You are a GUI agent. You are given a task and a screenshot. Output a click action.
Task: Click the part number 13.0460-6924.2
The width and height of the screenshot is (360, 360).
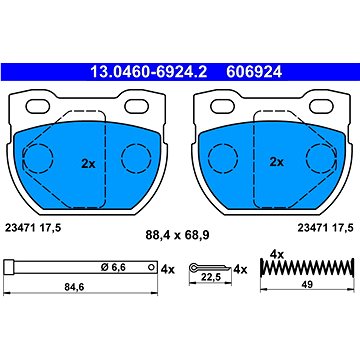click(x=149, y=72)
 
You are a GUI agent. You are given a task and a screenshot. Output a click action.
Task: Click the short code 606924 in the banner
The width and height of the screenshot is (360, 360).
click(x=254, y=72)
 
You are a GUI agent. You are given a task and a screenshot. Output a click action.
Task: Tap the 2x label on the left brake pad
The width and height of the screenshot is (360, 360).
click(x=88, y=164)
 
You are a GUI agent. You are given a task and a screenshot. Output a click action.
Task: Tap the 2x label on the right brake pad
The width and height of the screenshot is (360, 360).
click(x=277, y=162)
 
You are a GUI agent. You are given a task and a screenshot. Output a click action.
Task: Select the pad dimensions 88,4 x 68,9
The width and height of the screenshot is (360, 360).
click(x=177, y=235)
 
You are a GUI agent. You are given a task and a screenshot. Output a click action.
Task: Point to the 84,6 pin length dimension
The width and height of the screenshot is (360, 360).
click(x=74, y=287)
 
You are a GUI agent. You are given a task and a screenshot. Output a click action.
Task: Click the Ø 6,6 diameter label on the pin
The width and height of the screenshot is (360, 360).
click(x=113, y=267)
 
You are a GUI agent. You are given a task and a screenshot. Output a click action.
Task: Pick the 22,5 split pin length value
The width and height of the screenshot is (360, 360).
click(x=209, y=278)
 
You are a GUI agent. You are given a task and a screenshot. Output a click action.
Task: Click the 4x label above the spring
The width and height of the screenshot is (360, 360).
click(x=277, y=255)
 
